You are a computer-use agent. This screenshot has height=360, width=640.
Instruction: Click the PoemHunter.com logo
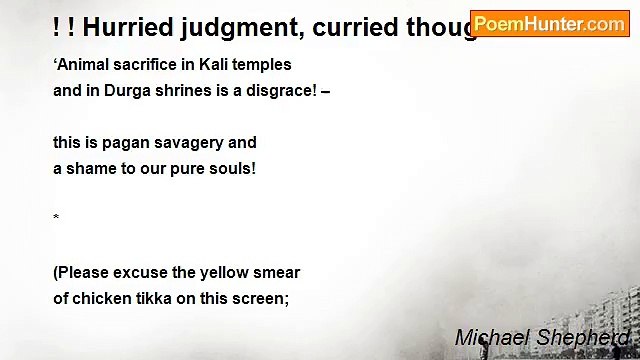click(x=549, y=23)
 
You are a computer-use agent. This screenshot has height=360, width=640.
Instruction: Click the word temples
click(x=261, y=65)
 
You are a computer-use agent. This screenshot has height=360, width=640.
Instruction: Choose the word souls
click(x=233, y=168)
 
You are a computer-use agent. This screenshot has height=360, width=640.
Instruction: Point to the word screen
click(x=262, y=297)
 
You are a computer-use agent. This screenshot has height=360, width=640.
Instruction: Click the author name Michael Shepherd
click(x=542, y=338)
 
